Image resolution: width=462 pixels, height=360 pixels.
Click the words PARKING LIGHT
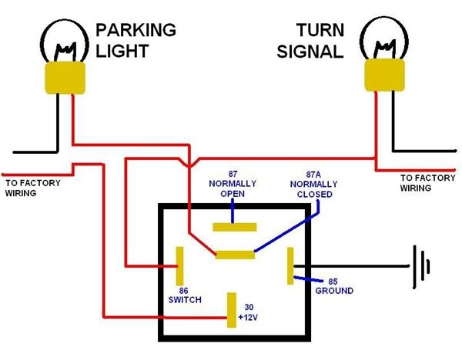(x=136, y=39)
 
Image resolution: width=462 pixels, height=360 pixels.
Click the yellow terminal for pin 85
(x=290, y=266)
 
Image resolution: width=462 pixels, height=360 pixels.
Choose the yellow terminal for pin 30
(x=231, y=310)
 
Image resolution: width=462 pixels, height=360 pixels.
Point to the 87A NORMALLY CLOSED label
(x=311, y=185)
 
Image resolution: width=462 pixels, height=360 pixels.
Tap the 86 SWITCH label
(x=182, y=295)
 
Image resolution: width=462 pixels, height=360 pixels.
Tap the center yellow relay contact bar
(x=235, y=254)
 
